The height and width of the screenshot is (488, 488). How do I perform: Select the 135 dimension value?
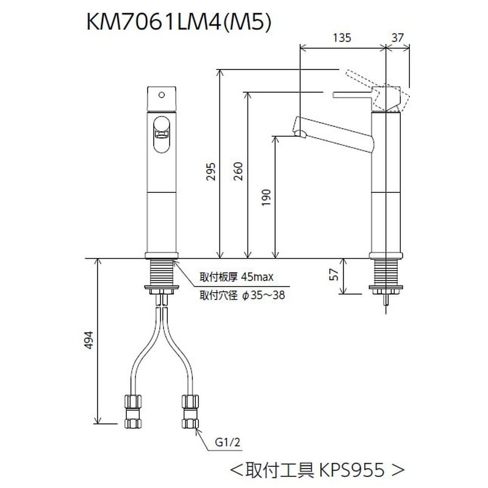[x=343, y=37]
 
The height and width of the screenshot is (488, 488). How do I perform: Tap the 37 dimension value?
[x=399, y=37]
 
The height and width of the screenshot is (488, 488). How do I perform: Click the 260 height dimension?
[x=239, y=173]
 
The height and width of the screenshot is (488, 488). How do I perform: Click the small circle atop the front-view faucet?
[x=162, y=94]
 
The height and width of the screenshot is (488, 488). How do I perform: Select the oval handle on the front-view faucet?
[x=162, y=132]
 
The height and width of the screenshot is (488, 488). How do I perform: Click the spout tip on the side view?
[x=299, y=129]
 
